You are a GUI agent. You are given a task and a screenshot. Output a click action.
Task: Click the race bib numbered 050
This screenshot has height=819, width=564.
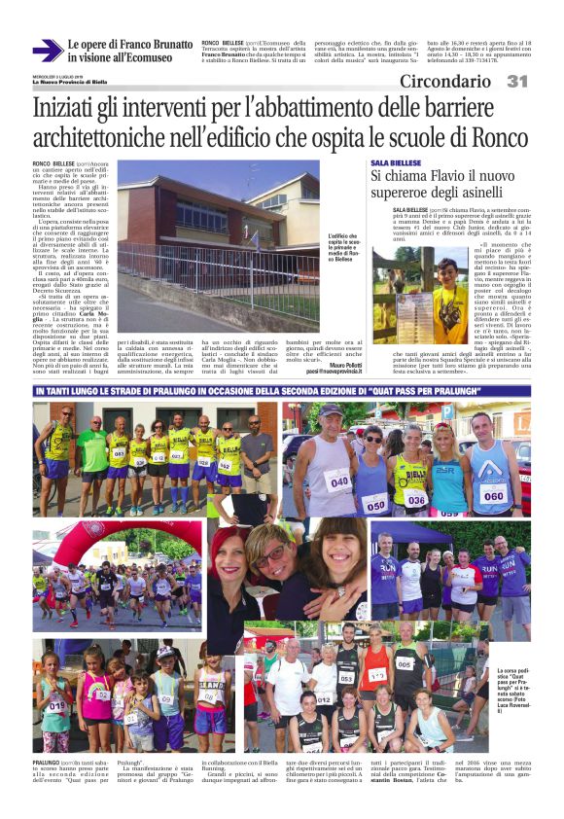(374, 504)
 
